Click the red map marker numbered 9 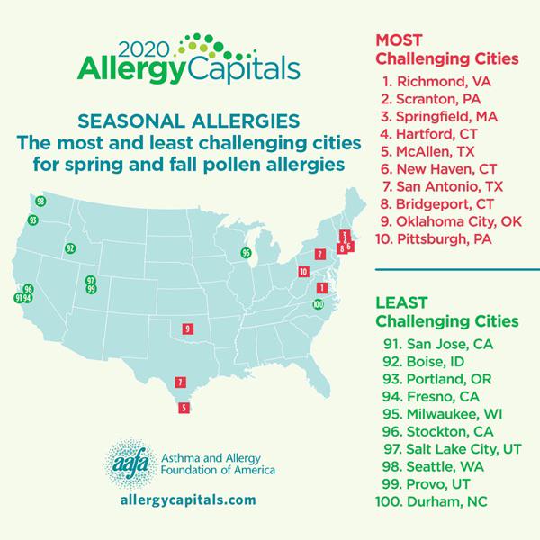[x=187, y=329]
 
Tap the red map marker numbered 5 [x=184, y=408]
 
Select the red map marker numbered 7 [x=181, y=382]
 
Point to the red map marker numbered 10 [x=303, y=271]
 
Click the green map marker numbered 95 [x=246, y=253]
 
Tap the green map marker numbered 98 [x=40, y=202]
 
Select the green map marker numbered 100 [x=318, y=304]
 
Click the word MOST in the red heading [x=399, y=40]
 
